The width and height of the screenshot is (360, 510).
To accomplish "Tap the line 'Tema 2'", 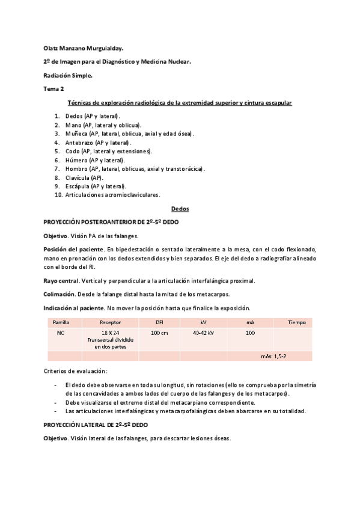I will pyautogui.click(x=53, y=89).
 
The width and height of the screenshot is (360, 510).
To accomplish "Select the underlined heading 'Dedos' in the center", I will pyautogui.click(x=180, y=208).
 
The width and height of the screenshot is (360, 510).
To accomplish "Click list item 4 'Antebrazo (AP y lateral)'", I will pyautogui.click(x=99, y=143).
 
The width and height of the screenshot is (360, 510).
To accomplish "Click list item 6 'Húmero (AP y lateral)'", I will pyautogui.click(x=95, y=161).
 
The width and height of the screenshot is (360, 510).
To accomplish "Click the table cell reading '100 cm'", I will pyautogui.click(x=159, y=333).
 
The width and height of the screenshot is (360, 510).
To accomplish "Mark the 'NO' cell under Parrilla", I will pyautogui.click(x=61, y=333).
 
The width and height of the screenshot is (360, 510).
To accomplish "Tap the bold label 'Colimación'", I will pyautogui.click(x=59, y=294).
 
